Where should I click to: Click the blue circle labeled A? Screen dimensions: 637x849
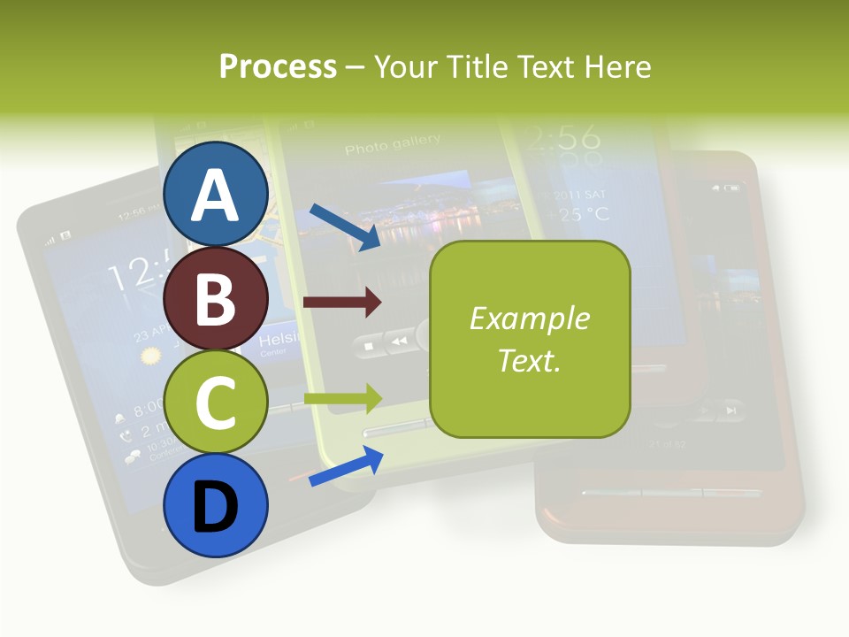click(x=216, y=194)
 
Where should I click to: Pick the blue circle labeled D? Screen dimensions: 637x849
click(x=216, y=505)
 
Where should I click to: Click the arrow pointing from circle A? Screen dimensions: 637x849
click(x=344, y=226)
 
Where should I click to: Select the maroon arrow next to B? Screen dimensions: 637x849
click(x=341, y=303)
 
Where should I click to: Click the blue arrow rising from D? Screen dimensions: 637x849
click(x=346, y=466)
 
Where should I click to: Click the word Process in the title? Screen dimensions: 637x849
click(x=278, y=66)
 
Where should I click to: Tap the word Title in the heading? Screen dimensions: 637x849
click(x=478, y=66)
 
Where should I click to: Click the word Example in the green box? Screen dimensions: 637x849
click(x=529, y=318)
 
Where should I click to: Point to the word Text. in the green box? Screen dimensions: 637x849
click(x=529, y=360)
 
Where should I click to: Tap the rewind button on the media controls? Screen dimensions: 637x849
click(x=400, y=341)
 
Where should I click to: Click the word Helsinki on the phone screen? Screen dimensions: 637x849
click(x=278, y=341)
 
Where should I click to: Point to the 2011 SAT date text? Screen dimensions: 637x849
click(x=580, y=194)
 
